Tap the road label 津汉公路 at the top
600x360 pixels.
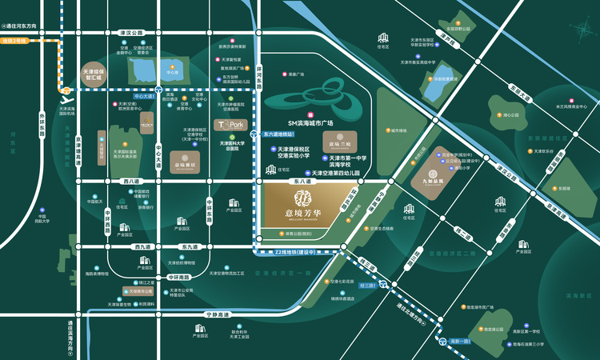click(130, 33)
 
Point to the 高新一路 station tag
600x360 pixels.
click(462, 342)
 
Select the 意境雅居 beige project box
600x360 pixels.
click(186, 164)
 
